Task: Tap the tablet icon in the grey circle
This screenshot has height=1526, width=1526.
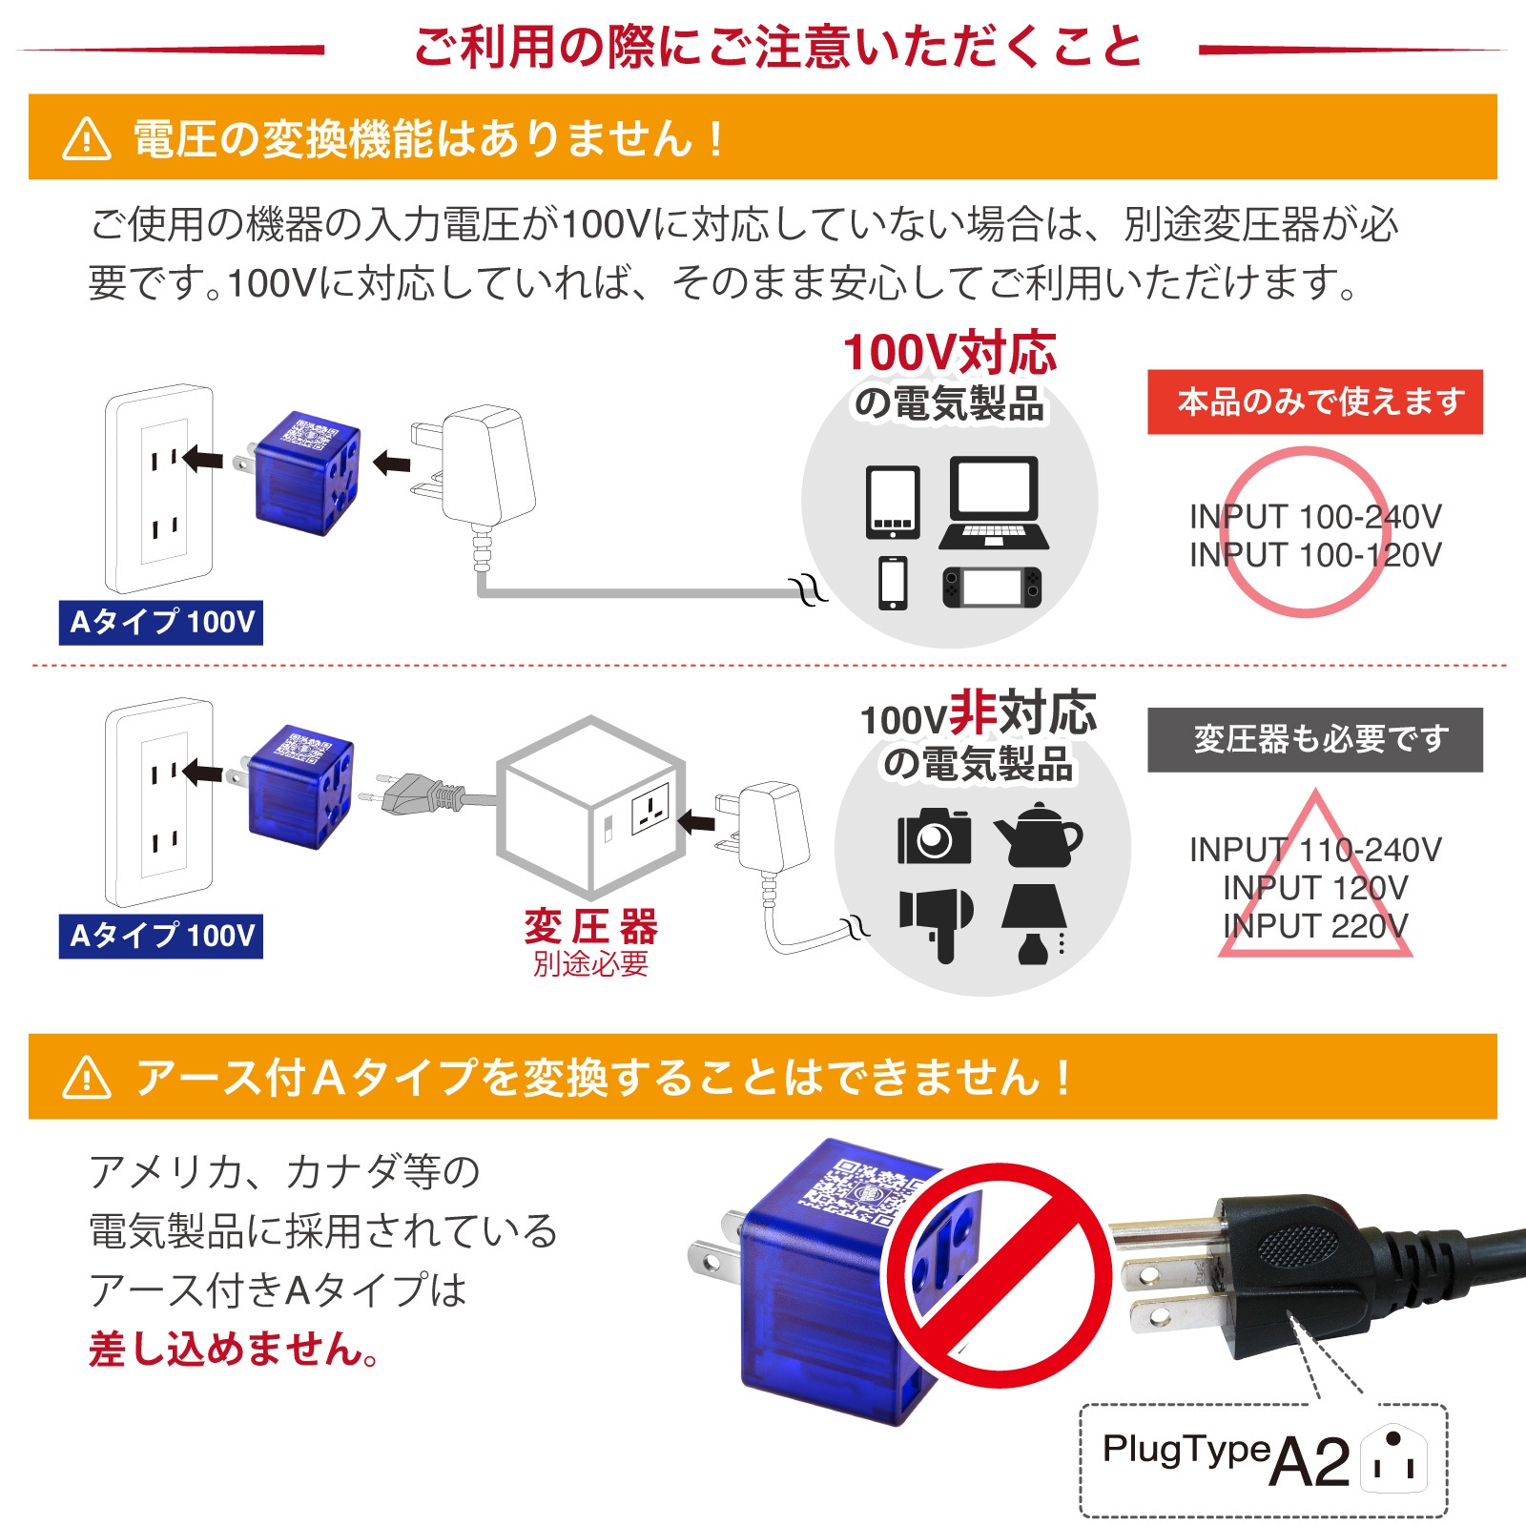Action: [x=893, y=503]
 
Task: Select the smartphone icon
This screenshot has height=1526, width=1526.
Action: [x=893, y=583]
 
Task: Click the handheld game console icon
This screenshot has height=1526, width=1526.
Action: [x=992, y=587]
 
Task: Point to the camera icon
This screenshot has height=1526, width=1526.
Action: [x=934, y=836]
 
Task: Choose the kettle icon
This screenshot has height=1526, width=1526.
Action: [x=1037, y=835]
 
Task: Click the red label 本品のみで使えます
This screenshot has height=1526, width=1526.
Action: [x=1314, y=402]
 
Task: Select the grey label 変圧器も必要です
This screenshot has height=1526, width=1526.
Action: [x=1314, y=739]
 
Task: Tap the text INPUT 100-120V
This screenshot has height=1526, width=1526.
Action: [x=1314, y=554]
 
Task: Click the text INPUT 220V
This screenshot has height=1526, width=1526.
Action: [x=1314, y=925]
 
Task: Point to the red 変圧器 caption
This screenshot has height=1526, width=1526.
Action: [x=590, y=926]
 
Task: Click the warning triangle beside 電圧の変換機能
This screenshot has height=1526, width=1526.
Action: [x=87, y=139]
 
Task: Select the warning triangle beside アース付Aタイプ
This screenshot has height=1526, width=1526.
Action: [x=87, y=1078]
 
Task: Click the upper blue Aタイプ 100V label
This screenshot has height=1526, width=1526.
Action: [x=160, y=623]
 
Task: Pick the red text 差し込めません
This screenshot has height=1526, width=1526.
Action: [x=235, y=1349]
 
